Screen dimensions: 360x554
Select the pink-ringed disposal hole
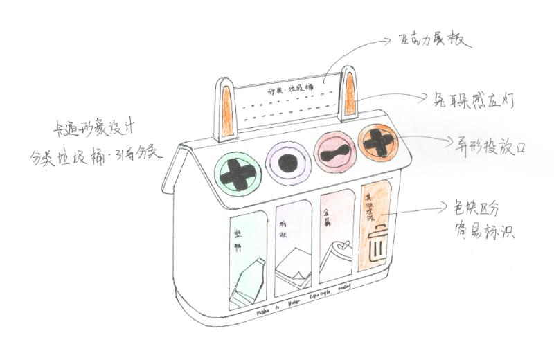334,151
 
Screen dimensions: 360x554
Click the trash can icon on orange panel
377,244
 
